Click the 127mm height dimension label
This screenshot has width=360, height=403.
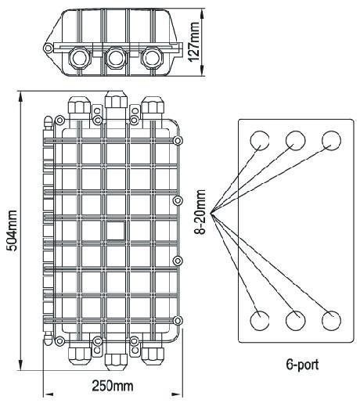(x=194, y=42)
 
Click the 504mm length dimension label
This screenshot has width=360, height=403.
(x=12, y=230)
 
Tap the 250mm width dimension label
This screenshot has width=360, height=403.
(x=113, y=386)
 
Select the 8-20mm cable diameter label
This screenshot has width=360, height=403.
(x=200, y=212)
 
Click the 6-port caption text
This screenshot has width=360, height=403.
(x=302, y=365)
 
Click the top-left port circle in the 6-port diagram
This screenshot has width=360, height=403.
(x=260, y=141)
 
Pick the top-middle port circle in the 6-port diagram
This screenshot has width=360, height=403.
(x=295, y=141)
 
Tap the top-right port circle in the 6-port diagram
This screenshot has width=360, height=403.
(x=331, y=141)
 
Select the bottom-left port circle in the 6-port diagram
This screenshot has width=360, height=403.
(x=260, y=321)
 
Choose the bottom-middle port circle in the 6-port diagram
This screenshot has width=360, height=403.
(x=295, y=321)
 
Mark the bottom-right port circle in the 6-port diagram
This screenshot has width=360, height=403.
(x=331, y=321)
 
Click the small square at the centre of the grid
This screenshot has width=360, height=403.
(x=116, y=231)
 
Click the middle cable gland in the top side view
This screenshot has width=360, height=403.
(x=116, y=58)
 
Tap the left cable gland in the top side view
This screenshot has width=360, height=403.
(x=79, y=58)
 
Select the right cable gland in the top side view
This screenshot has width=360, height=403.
(x=152, y=58)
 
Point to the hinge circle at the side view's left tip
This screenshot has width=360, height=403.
(x=48, y=48)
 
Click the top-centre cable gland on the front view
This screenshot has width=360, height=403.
(x=116, y=99)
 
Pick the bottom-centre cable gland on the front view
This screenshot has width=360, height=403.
(x=116, y=362)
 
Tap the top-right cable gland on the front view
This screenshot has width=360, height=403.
(x=153, y=105)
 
